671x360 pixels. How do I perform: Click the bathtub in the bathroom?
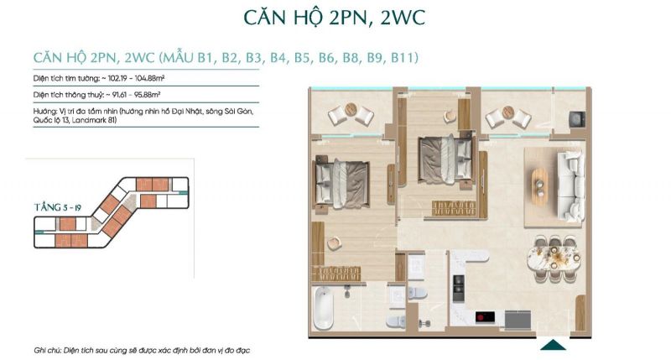point(323,308)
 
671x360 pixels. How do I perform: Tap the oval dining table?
point(554,258)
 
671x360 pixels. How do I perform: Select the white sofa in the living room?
point(570,185)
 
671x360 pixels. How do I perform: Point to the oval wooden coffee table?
point(540,185)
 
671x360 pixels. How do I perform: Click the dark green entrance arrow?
point(554,345)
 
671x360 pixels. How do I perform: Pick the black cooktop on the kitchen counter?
point(486,317)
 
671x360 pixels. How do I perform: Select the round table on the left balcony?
point(351,109)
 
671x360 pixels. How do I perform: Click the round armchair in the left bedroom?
point(334,244)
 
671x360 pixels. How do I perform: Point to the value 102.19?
point(114,78)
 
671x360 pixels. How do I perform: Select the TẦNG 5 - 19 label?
point(57,207)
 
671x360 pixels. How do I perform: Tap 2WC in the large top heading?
point(403,18)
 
